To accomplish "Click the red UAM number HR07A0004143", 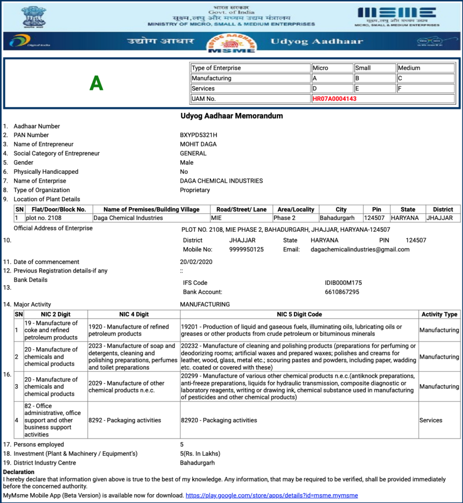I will [x=334, y=99].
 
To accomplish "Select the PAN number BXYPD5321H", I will [x=199, y=135].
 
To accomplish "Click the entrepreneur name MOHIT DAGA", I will [x=198, y=144].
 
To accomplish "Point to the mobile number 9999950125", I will [x=246, y=250].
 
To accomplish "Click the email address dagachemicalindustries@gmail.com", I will [x=360, y=250].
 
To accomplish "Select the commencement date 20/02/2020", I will [x=196, y=262].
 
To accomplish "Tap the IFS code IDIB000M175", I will [x=344, y=283].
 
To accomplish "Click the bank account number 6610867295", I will [x=342, y=292].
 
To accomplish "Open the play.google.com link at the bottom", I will [x=272, y=496].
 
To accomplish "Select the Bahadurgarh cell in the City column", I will [x=337, y=218].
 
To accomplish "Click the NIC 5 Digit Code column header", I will [x=299, y=314].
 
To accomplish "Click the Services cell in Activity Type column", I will [x=431, y=420].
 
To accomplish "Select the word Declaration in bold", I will [x=19, y=472].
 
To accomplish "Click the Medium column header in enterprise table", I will [x=409, y=68].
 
